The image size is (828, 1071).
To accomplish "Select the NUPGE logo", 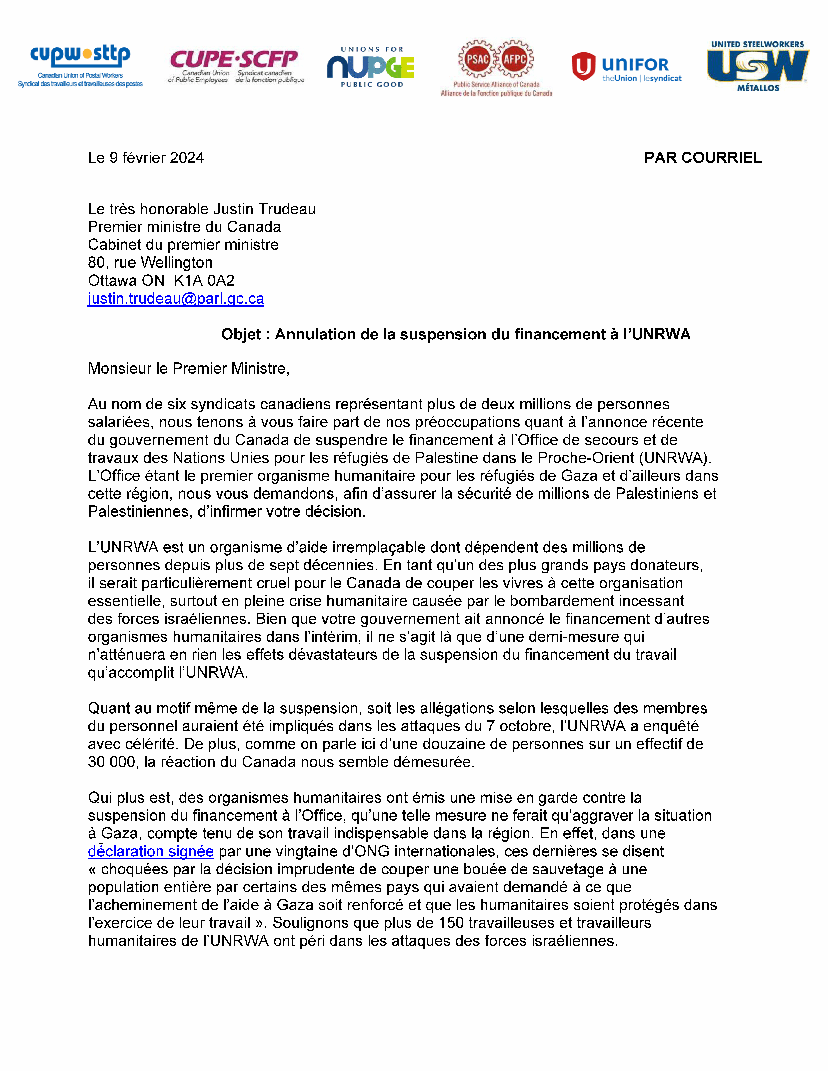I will pos(371,67).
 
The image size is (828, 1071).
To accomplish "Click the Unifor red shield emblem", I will pos(583,66).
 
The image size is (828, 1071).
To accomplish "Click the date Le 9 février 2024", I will pos(146,157).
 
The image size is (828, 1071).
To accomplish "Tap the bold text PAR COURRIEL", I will pos(703,157).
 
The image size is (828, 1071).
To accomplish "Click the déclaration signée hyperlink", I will pos(151,851).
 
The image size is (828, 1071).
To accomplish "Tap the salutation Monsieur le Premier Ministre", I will pos(188,368).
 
